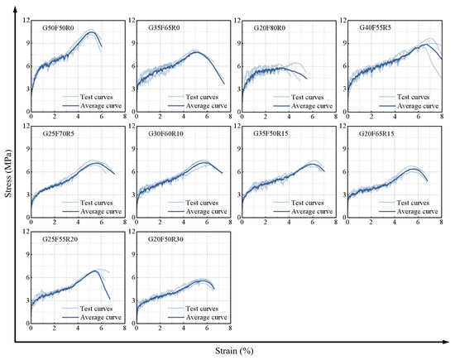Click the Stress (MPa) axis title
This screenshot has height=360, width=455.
7,173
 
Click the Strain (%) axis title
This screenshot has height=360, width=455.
234,351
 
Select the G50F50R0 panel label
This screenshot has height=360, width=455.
58,28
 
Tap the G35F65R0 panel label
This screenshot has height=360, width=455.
164,27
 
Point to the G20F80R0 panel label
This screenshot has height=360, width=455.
270,28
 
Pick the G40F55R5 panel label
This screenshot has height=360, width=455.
376,27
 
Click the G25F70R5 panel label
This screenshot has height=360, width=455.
59,133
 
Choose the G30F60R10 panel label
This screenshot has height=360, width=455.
165,133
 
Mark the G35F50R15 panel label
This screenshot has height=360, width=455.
271,133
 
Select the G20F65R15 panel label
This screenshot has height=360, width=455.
376,133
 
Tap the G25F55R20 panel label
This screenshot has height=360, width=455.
60,239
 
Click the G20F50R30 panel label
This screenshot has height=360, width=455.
165,239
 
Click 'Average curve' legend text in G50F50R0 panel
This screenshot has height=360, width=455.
101,106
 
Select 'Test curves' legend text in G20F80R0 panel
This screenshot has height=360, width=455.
307,98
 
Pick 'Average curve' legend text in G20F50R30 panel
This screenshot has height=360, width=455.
206,317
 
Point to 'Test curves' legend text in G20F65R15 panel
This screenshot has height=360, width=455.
413,203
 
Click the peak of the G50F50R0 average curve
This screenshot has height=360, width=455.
91,31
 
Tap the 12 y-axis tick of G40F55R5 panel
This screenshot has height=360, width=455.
343,21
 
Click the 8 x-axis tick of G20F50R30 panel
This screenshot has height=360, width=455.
230,328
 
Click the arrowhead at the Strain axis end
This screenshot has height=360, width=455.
446,342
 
